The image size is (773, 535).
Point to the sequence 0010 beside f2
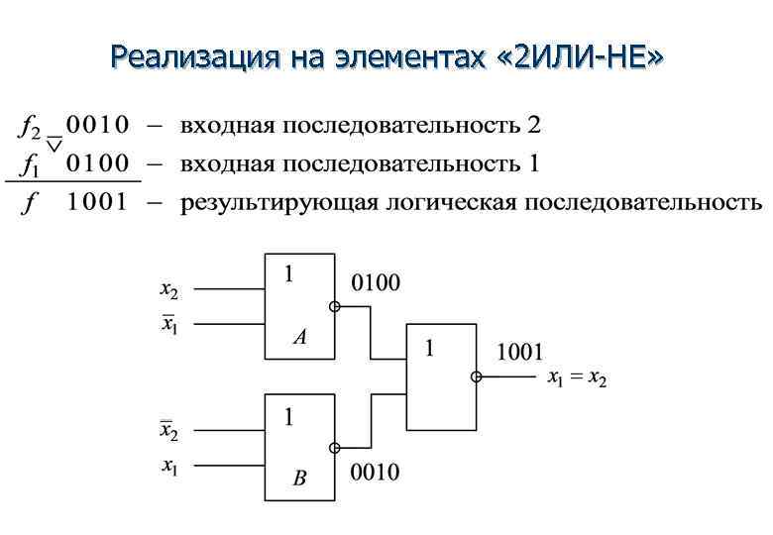click(x=97, y=126)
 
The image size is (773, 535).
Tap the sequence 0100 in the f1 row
click(x=97, y=163)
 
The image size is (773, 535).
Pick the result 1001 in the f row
click(x=97, y=203)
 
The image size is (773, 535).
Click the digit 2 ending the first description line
click(x=535, y=126)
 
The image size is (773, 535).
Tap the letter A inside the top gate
click(x=299, y=338)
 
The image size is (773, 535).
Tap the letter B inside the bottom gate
click(x=299, y=480)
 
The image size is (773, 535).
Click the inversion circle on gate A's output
click(x=335, y=307)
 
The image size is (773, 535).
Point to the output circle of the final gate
click(x=477, y=376)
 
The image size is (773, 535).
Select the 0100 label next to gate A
click(x=377, y=284)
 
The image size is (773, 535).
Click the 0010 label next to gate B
click(x=377, y=473)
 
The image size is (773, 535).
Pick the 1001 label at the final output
click(x=518, y=352)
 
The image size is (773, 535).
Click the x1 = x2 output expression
click(x=577, y=378)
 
